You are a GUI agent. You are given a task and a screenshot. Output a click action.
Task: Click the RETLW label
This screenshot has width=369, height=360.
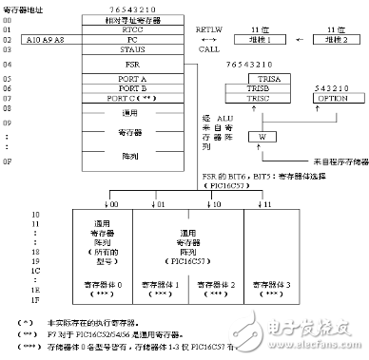coord(207,29)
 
